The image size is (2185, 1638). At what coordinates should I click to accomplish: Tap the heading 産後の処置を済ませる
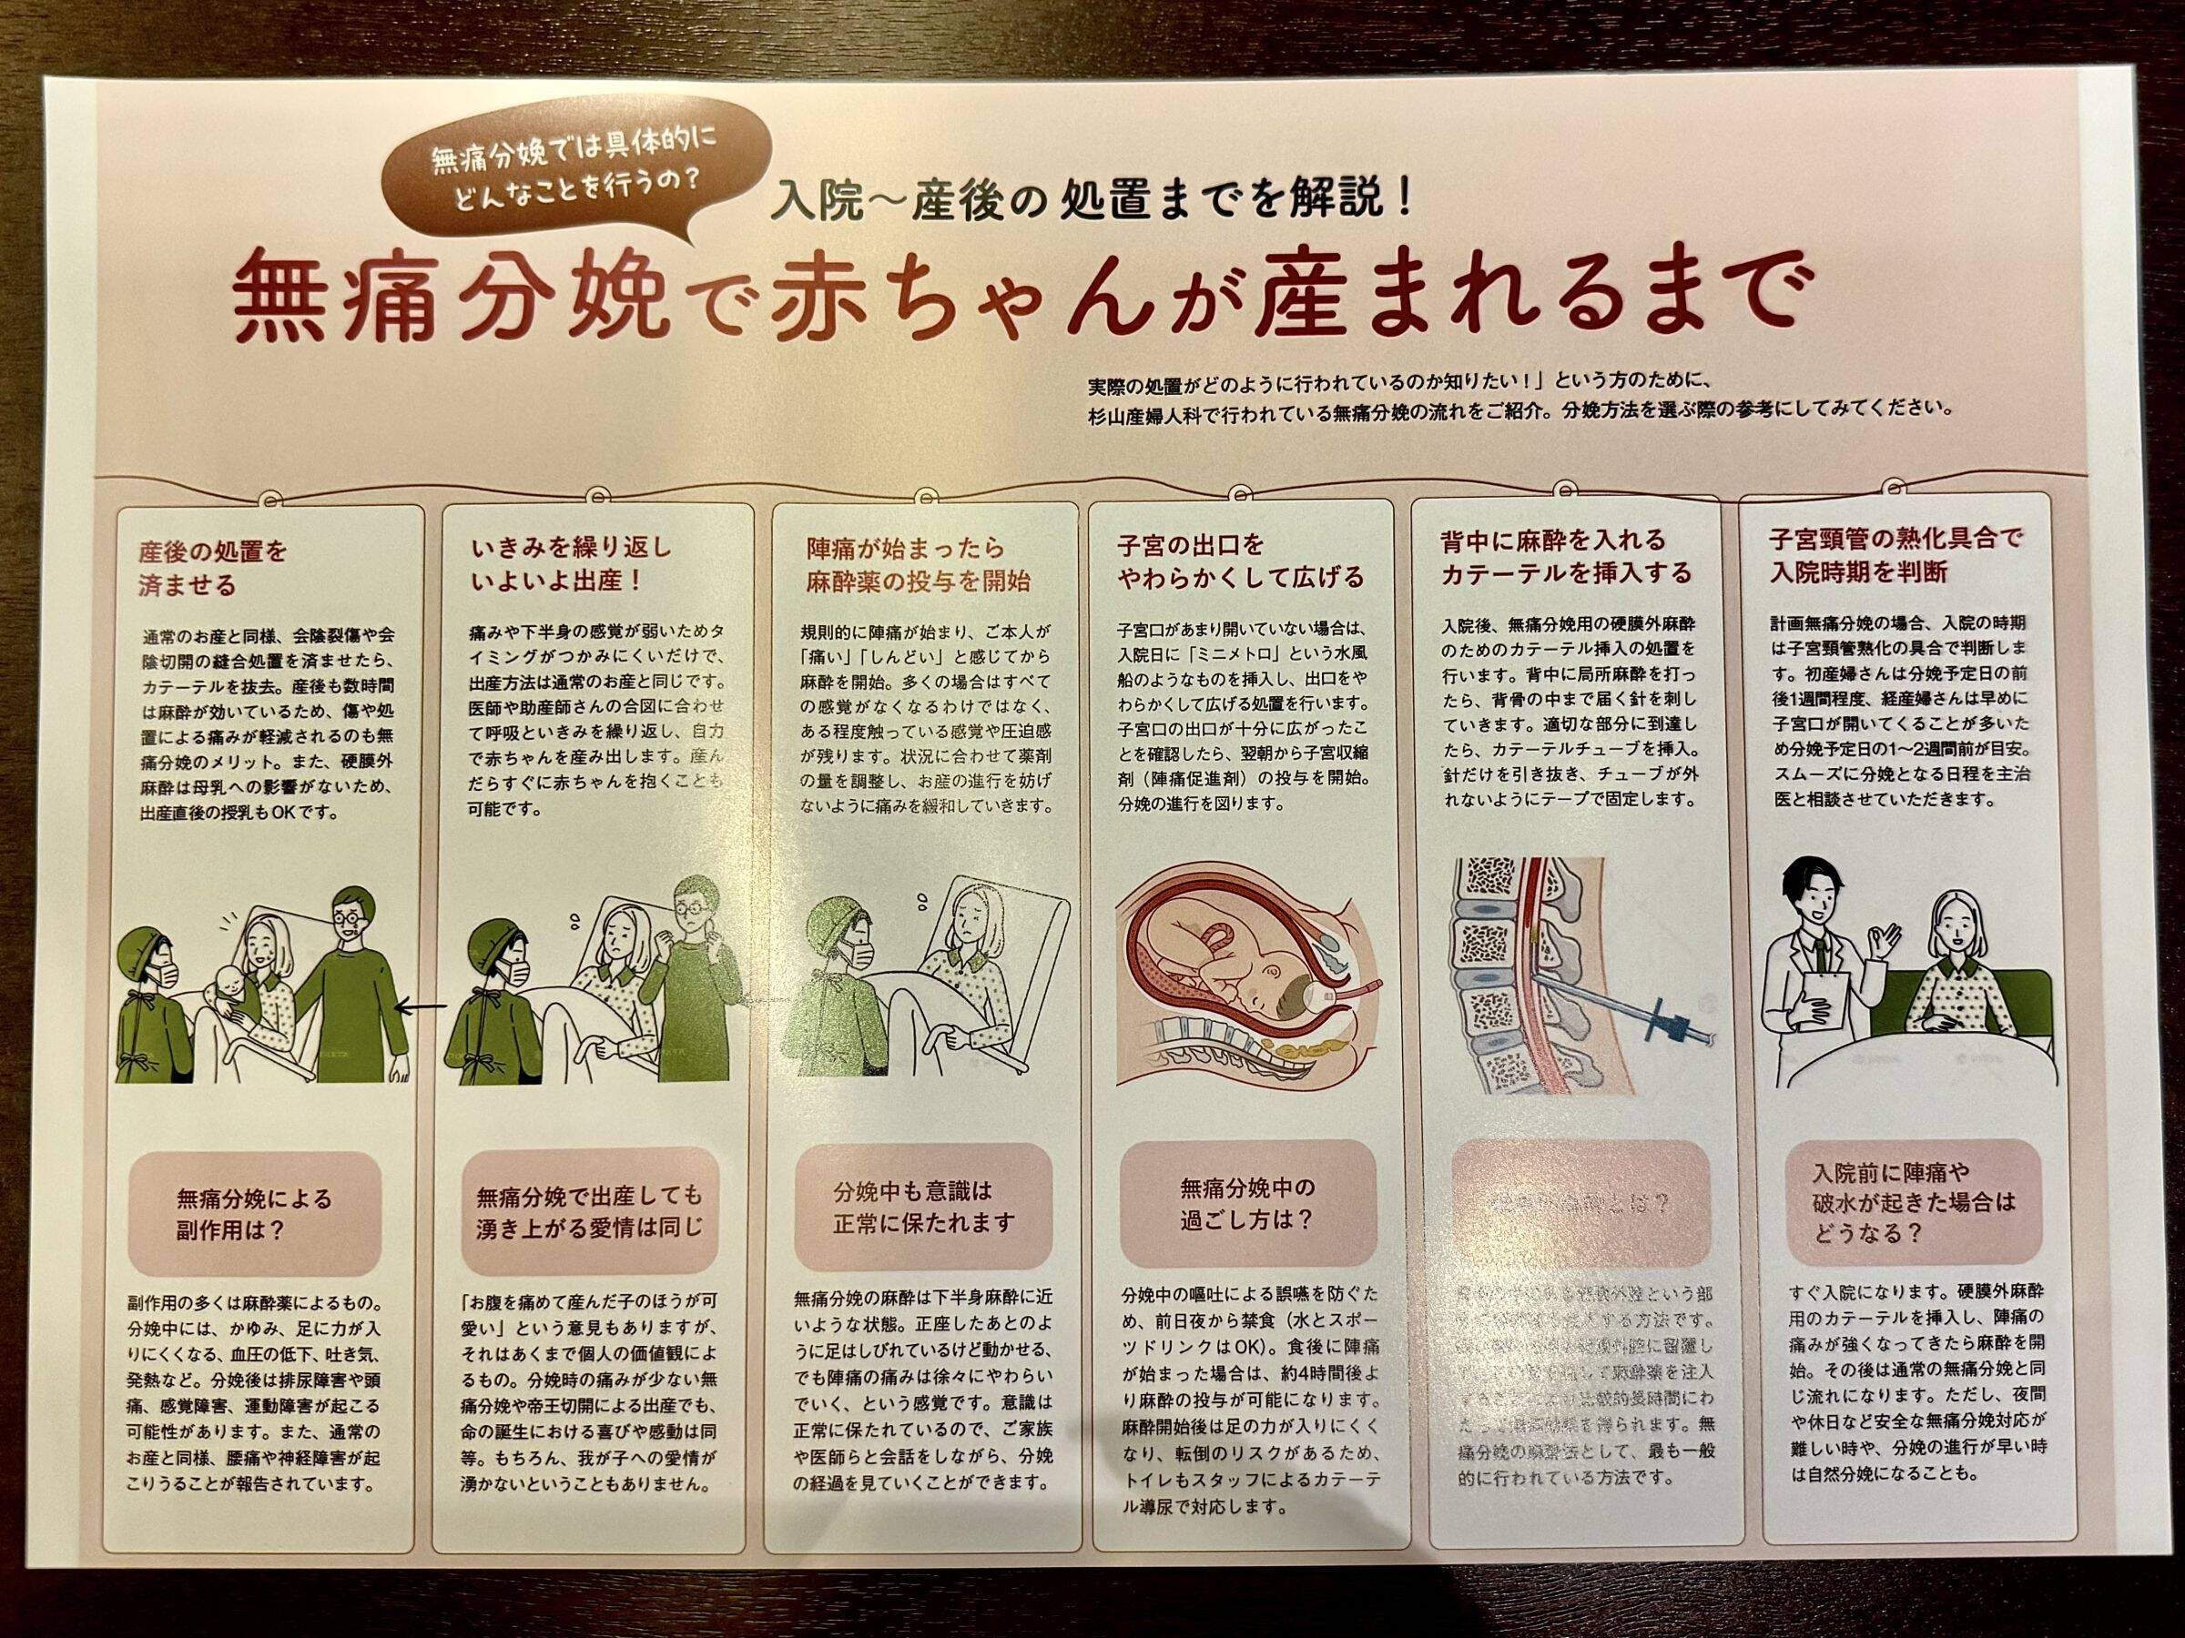click(212, 567)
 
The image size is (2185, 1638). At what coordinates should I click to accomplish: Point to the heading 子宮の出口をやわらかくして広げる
click(1240, 560)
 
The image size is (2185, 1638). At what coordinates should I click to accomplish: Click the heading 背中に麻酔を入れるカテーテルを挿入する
click(1566, 556)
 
